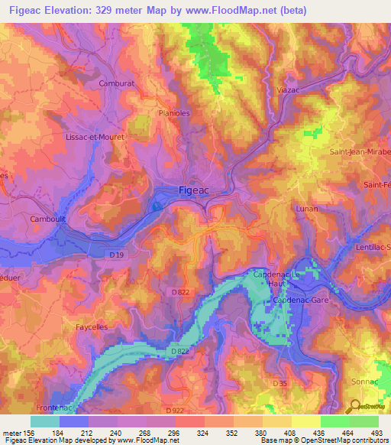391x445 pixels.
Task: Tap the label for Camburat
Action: [117, 83]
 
